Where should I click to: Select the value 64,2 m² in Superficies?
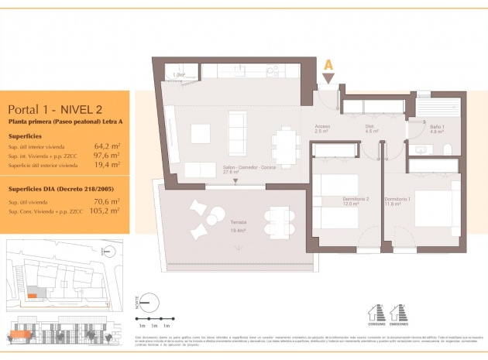click(x=106, y=146)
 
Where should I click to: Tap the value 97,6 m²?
click(x=106, y=155)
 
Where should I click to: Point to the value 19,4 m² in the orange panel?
click(x=106, y=164)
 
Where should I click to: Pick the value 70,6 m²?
click(x=106, y=201)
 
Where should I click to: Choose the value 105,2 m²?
click(x=105, y=211)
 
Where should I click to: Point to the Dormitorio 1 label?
click(x=398, y=200)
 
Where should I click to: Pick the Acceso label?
click(x=322, y=129)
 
